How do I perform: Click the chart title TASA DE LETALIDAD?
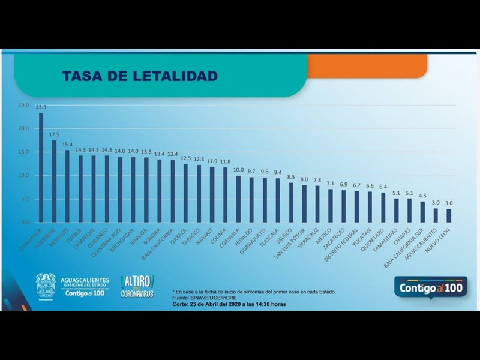139,76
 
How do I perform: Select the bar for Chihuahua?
41,168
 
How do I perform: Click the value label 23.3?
41,107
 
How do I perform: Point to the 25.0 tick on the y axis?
23,105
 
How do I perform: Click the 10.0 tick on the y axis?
23,176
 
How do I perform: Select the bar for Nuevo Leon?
448,215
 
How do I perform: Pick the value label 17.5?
54,135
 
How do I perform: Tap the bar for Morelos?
67,186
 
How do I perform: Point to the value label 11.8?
224,161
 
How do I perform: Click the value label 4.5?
422,196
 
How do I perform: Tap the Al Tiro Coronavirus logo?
137,286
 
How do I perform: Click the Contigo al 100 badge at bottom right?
430,287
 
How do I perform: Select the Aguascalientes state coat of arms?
46,286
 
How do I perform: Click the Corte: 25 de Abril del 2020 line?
229,304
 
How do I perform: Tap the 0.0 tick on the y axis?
25,223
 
